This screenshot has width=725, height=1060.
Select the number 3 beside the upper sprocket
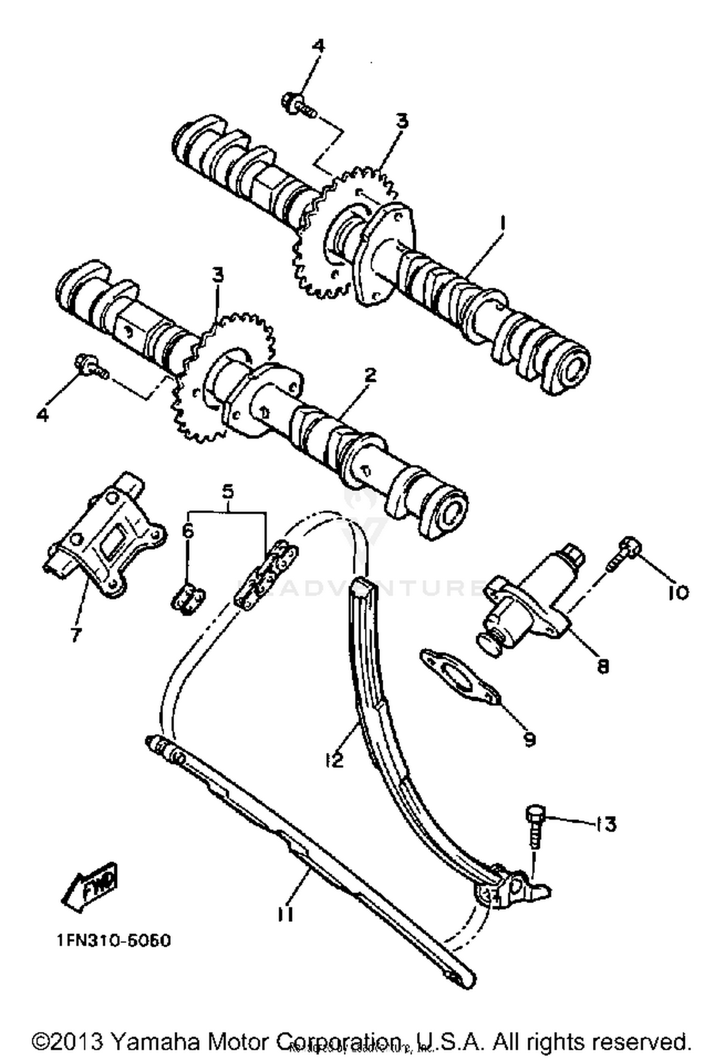coord(402,121)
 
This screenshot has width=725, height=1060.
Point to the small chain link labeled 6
coord(188,601)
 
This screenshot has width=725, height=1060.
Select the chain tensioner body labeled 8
coord(527,602)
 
